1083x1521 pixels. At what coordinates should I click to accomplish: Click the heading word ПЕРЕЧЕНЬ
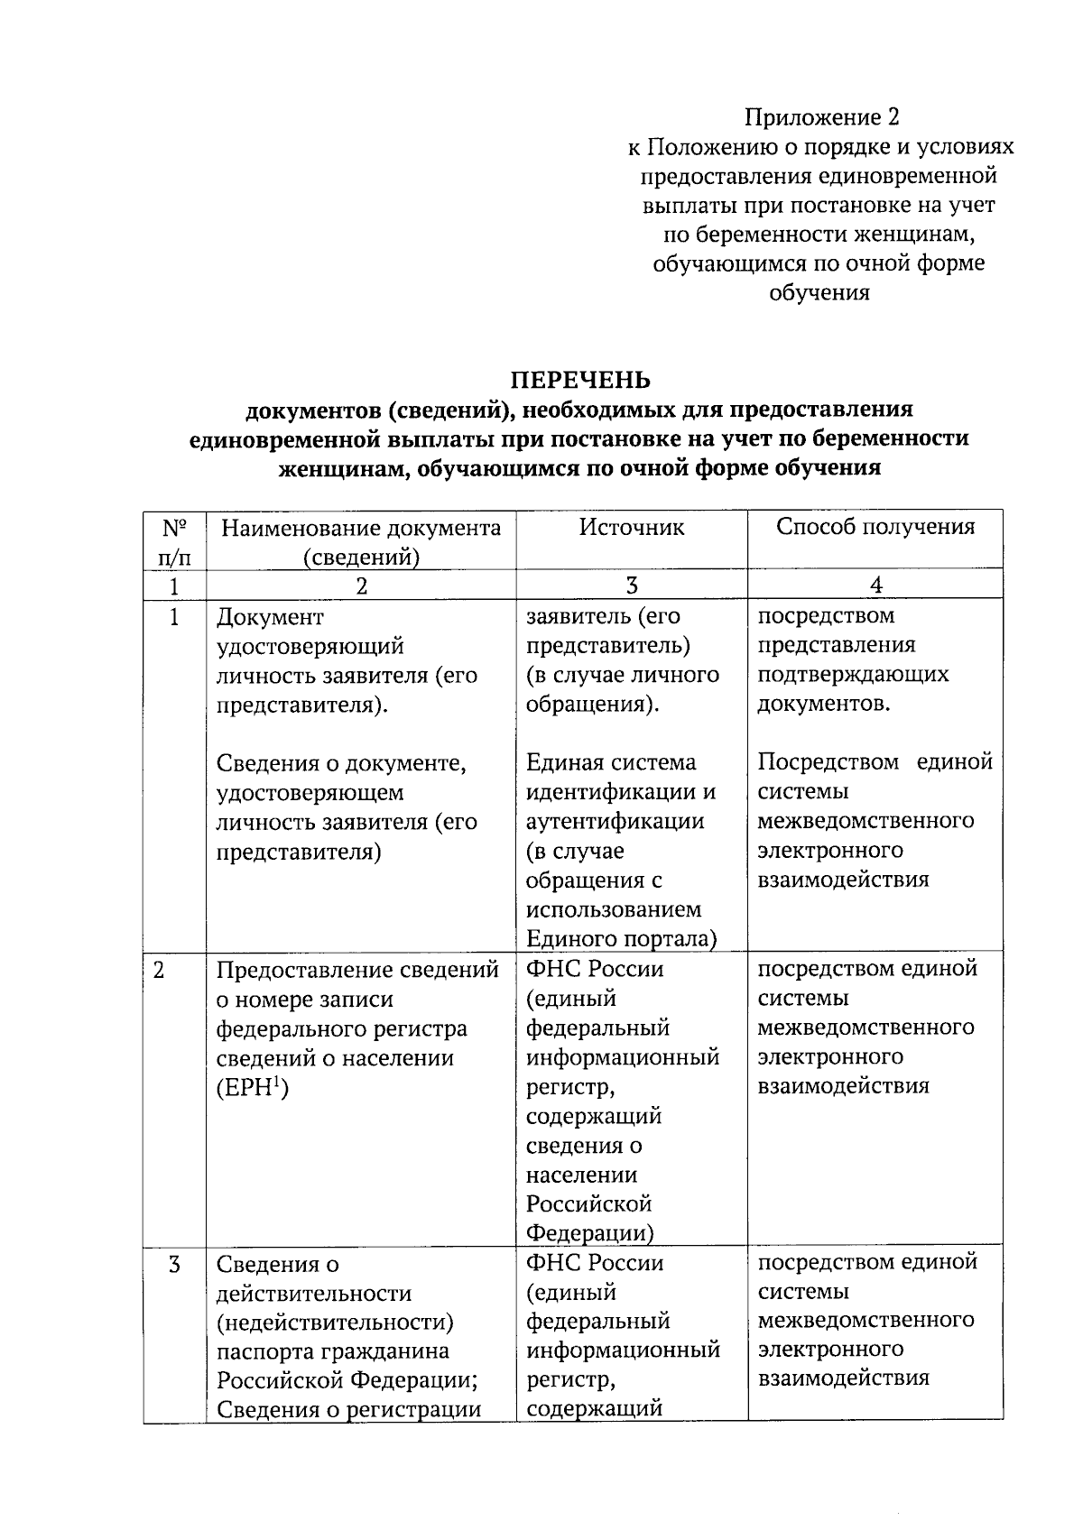580,379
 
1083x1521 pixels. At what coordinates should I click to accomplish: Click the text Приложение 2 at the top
821,117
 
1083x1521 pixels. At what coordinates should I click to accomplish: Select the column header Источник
632,527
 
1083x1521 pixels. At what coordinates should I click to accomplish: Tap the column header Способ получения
875,527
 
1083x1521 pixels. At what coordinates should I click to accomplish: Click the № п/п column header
174,541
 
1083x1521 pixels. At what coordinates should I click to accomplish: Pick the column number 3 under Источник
632,585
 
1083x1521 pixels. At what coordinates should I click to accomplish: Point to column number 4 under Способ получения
875,585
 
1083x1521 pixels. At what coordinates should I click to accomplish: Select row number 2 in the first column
160,970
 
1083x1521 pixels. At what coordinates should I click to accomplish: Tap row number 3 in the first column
174,1265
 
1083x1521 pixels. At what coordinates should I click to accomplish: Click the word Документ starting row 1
270,618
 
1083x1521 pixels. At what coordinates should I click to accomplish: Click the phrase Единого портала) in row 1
621,938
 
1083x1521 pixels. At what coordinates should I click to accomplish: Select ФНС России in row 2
595,970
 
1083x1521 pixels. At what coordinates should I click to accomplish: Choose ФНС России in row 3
595,1263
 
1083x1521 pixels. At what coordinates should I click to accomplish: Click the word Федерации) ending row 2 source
590,1232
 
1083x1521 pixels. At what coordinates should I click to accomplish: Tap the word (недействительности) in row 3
335,1323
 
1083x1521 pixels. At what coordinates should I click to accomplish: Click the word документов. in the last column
824,704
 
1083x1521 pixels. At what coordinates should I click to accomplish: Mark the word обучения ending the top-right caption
819,292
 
